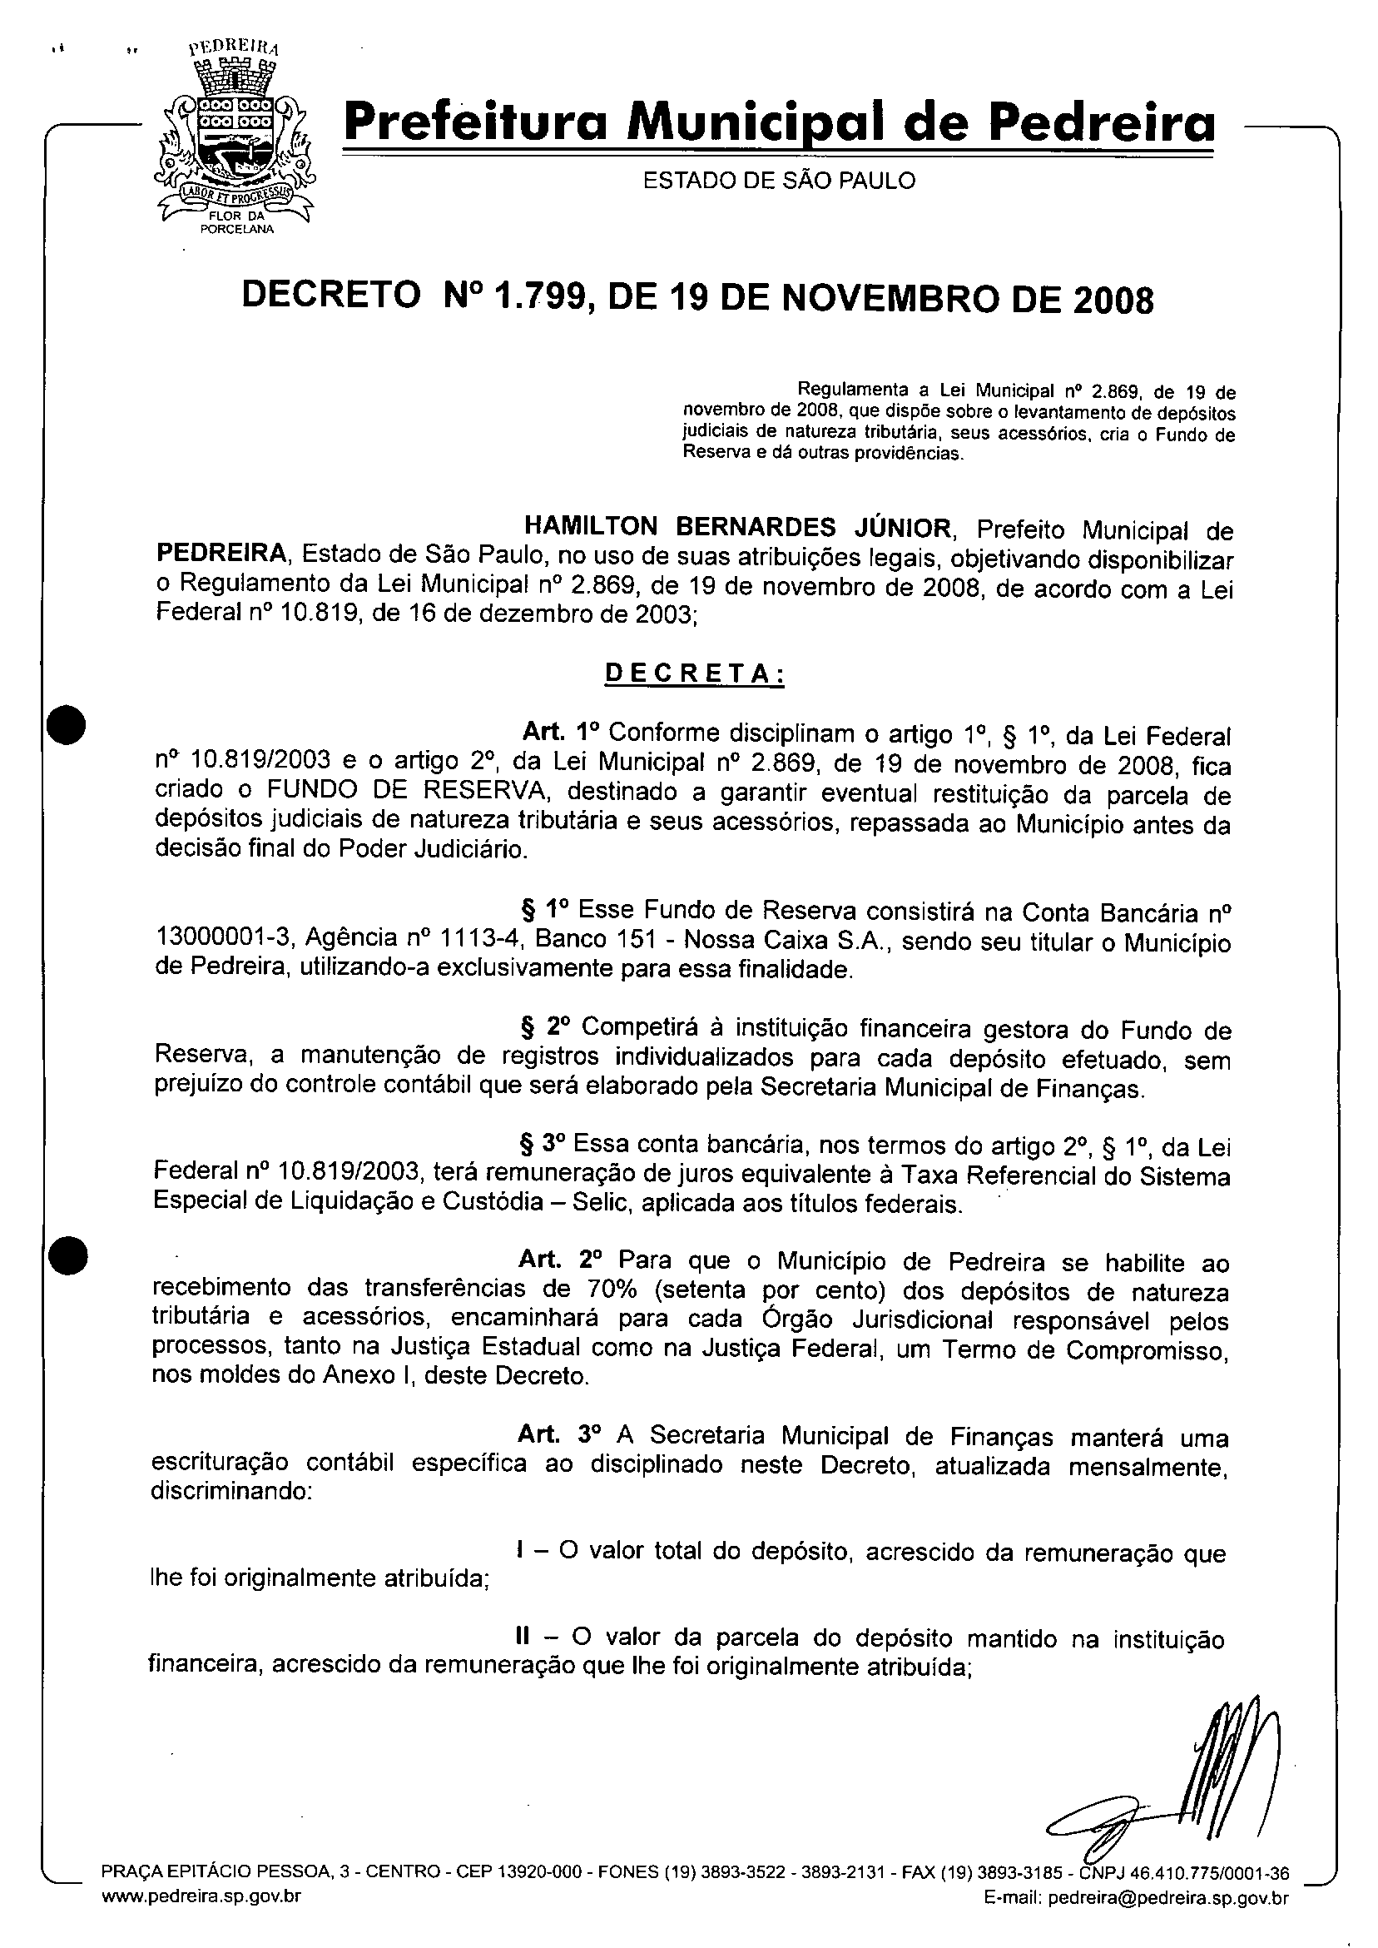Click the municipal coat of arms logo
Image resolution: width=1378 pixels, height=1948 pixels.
click(233, 136)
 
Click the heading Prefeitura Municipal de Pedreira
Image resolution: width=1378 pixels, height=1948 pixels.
click(779, 125)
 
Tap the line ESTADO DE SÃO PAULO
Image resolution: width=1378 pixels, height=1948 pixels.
click(779, 181)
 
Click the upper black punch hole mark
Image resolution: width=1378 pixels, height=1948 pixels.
click(67, 727)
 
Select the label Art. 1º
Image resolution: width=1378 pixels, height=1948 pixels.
click(561, 733)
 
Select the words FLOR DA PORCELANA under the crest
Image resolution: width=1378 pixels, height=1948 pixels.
click(235, 222)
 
